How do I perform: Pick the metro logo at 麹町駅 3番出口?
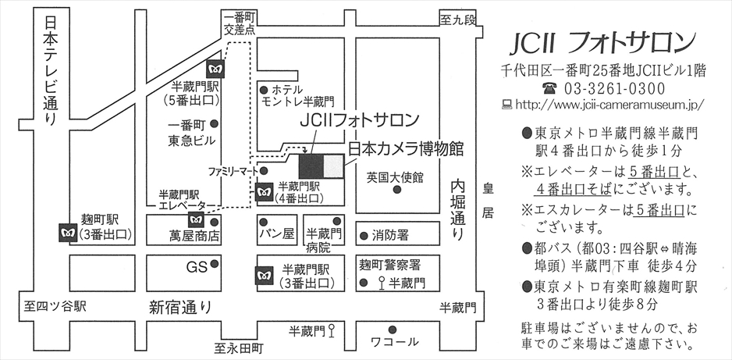point(67,233)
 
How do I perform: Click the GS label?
point(195,267)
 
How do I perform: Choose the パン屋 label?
point(278,233)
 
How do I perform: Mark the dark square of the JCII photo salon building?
point(311,166)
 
